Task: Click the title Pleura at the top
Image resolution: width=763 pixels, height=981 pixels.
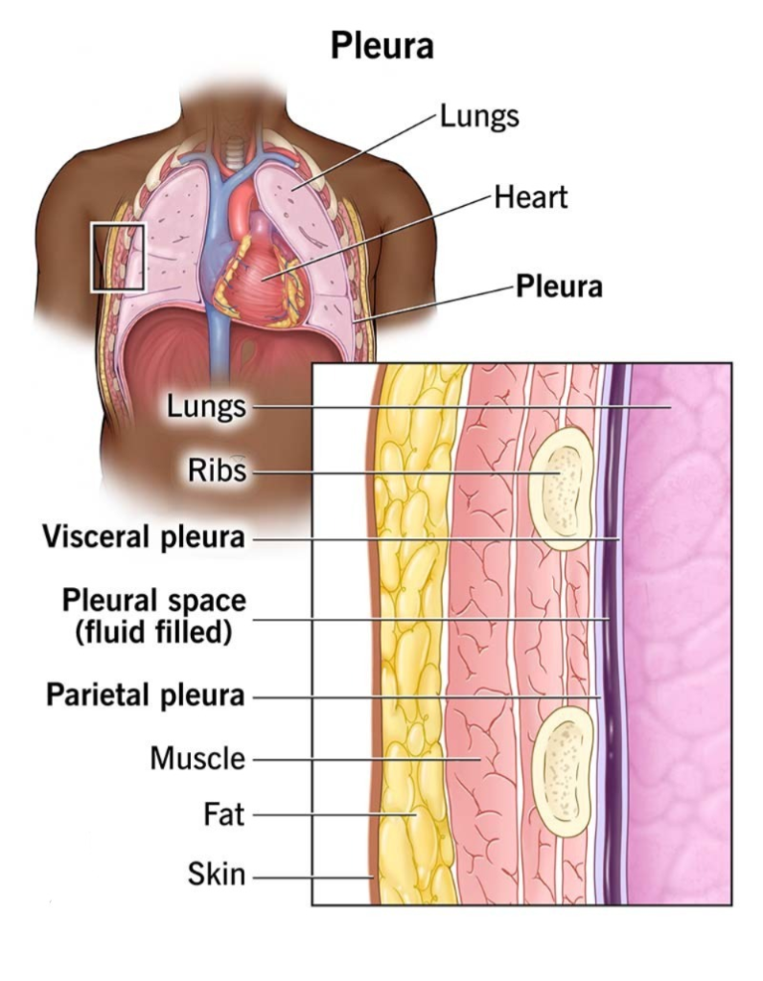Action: coord(381,46)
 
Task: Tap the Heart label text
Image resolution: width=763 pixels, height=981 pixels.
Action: coord(531,197)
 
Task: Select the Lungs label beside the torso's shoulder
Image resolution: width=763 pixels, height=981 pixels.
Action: coord(479,117)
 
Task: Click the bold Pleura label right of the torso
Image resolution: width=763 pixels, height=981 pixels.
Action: coord(559,286)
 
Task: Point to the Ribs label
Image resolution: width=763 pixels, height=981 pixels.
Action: coord(218,469)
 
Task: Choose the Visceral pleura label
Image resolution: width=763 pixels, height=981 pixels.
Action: coord(144,537)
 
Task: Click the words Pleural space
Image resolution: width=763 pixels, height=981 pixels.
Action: coord(154,601)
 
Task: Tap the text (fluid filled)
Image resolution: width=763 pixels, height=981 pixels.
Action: coord(154,632)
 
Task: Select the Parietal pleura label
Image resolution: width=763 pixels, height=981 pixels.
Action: coord(145,696)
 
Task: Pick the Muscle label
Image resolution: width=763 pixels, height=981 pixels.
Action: coord(197,759)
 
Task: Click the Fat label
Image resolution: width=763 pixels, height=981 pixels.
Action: coord(223,814)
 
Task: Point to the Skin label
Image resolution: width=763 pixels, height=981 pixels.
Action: coord(217,874)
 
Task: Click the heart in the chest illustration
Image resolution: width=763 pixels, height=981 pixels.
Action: coord(260,269)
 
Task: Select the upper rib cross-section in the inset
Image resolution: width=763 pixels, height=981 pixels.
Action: coord(561,489)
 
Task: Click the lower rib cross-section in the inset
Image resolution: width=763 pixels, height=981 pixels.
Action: coord(562,773)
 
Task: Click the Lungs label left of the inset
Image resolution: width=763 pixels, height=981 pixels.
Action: coord(206,406)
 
